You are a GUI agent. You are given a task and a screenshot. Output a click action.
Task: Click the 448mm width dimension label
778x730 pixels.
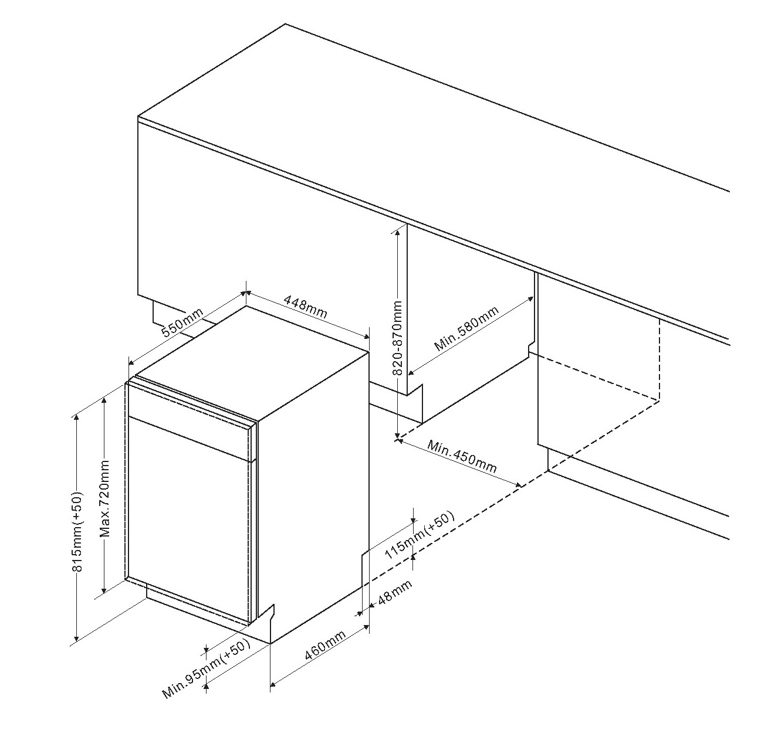pos(305,307)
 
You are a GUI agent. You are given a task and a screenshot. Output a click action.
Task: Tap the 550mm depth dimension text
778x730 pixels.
pos(183,322)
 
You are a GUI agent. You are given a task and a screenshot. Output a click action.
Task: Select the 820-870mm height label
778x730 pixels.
pos(398,338)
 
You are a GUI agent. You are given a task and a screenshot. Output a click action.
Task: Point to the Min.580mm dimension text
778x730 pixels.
pos(466,328)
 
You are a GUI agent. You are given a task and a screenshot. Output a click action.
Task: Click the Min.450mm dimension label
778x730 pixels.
pos(462,457)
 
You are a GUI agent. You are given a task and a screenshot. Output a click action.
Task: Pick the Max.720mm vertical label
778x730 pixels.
pos(104,499)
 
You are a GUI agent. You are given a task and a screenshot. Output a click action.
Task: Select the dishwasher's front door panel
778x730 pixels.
pos(190,520)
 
